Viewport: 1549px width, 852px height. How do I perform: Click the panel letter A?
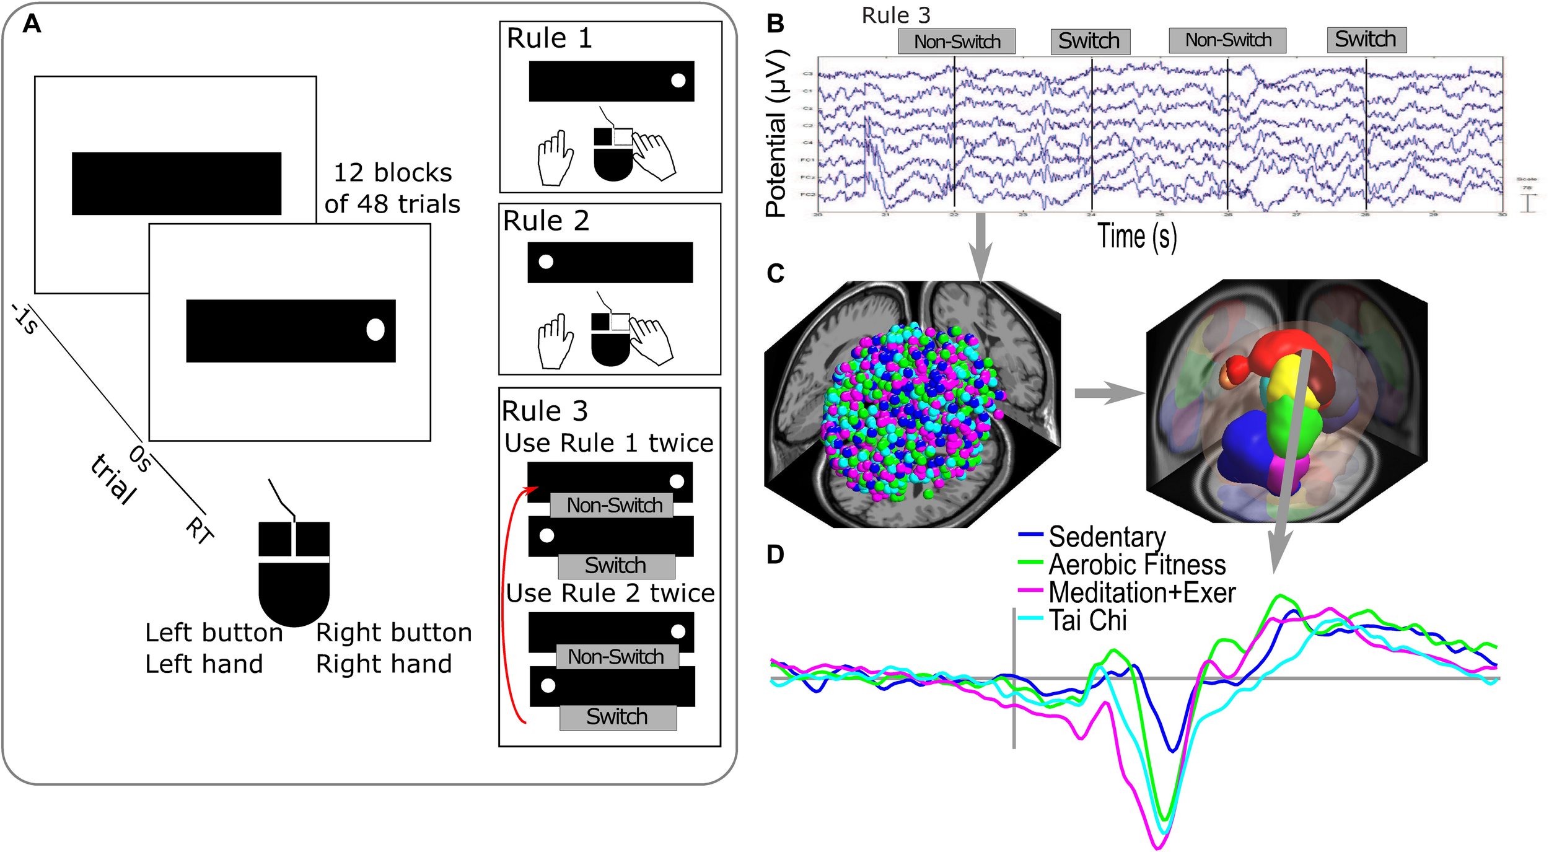(32, 24)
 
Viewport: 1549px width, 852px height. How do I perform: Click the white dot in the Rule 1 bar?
(678, 80)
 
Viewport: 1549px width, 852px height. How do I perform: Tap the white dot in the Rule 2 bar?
(545, 261)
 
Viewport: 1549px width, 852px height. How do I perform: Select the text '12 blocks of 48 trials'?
(392, 188)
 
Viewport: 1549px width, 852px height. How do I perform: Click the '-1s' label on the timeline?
(25, 320)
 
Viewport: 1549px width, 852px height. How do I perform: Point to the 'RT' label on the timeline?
(200, 530)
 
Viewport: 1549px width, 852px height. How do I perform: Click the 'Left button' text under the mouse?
(214, 633)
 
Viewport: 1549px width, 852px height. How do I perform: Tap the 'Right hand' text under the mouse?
(384, 664)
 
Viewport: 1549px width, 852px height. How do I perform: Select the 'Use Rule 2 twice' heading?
(610, 593)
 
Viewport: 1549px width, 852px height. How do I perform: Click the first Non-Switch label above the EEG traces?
(956, 42)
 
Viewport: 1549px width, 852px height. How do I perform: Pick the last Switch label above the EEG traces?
(1366, 40)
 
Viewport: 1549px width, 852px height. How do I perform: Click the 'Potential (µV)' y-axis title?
(776, 133)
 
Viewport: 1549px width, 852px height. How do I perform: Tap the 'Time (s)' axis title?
(1136, 237)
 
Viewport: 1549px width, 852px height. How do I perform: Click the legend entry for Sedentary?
(1106, 537)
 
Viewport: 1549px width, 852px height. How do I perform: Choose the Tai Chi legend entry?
(1087, 620)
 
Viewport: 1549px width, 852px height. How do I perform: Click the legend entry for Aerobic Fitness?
(1136, 564)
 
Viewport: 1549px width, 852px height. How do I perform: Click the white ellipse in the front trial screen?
(375, 330)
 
